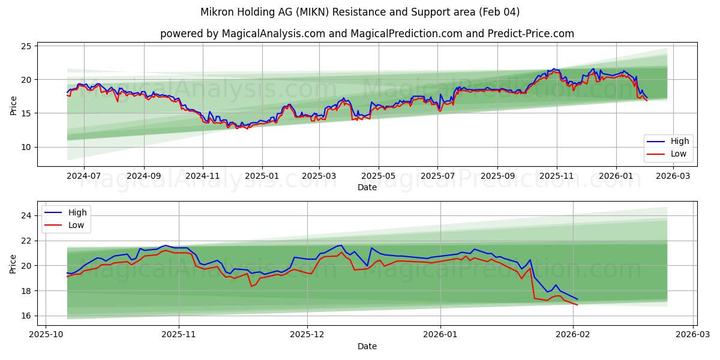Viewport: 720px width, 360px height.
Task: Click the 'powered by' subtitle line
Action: click(x=367, y=34)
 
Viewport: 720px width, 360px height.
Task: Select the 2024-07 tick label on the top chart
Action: click(x=83, y=176)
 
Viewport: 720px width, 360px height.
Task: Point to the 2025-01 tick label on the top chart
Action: click(x=262, y=176)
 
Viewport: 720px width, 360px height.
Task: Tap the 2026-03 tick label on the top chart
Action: click(x=674, y=176)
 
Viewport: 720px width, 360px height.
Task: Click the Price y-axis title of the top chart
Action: click(x=14, y=105)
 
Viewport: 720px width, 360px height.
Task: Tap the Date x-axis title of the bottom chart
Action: click(x=367, y=346)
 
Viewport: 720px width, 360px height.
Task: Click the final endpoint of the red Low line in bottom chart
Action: click(x=578, y=305)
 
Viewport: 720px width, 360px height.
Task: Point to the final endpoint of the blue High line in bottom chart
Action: click(x=578, y=299)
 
